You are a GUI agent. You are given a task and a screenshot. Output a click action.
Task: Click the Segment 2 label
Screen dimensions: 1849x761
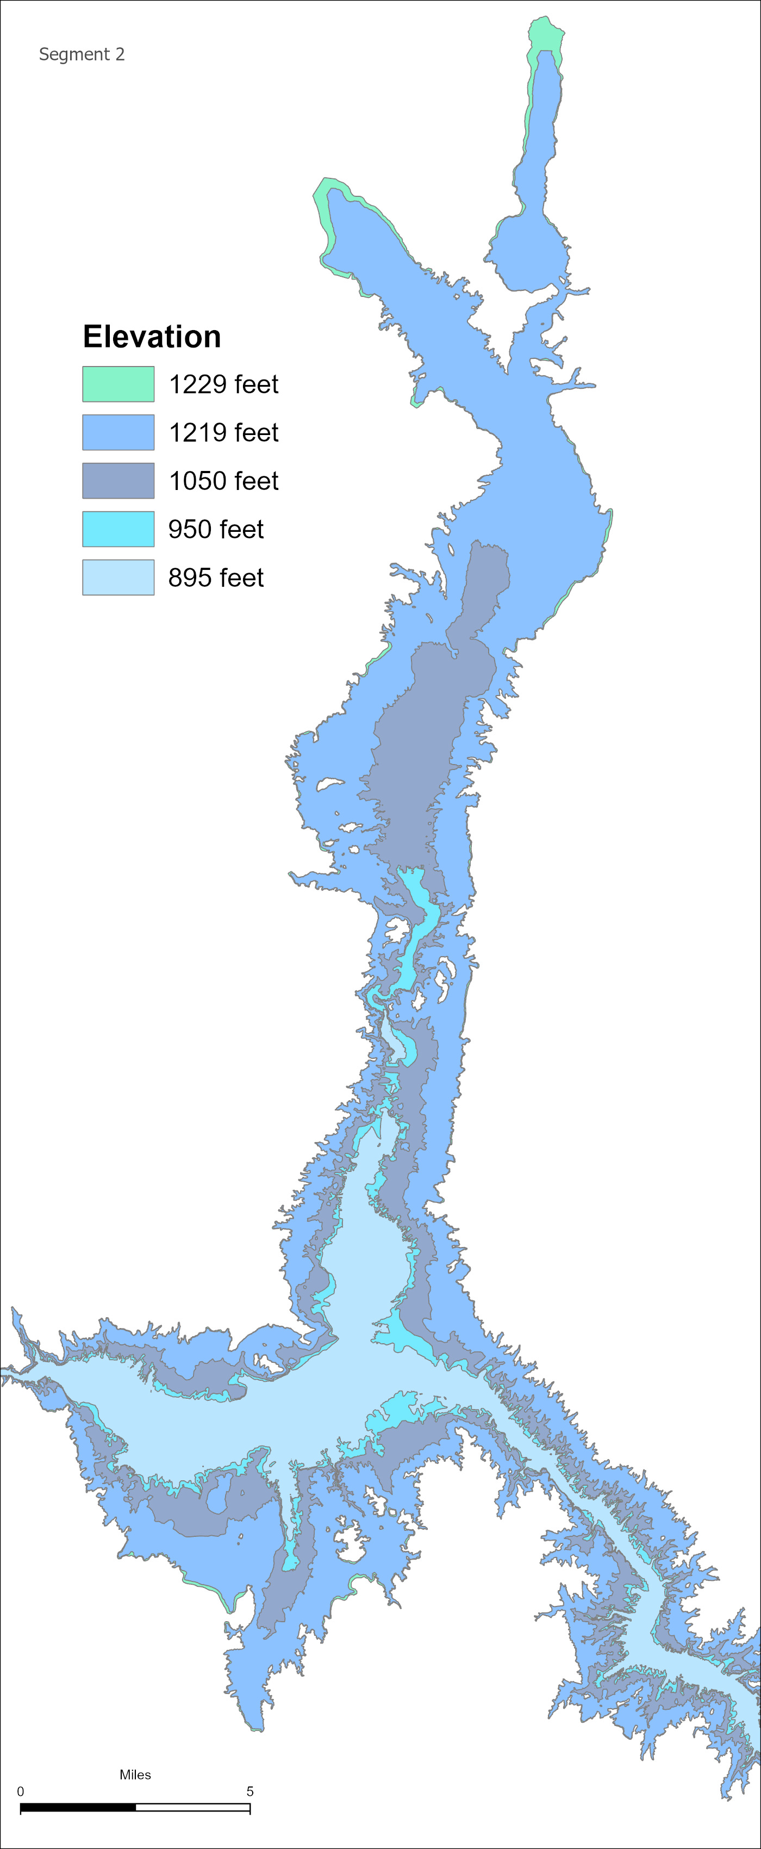point(81,54)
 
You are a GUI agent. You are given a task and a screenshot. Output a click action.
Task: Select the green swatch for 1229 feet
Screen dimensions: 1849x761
point(117,384)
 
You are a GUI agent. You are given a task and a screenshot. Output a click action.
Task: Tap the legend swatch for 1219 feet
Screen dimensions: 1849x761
point(117,432)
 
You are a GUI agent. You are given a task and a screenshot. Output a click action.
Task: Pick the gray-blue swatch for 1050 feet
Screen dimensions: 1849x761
point(117,480)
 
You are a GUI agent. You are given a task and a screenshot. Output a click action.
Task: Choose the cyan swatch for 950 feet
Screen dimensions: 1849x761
point(117,529)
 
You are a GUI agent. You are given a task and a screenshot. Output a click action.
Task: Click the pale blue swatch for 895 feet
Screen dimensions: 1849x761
point(117,577)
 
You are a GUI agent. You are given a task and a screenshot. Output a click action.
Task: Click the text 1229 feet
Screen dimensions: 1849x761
point(223,384)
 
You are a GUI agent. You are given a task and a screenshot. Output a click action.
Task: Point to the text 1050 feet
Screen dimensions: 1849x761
point(223,481)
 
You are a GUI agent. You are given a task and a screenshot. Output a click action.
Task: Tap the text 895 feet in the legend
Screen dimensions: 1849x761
point(216,578)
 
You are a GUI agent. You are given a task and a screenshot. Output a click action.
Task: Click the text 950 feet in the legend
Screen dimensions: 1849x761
point(216,530)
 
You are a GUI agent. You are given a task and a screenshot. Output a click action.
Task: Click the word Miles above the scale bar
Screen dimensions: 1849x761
point(135,1774)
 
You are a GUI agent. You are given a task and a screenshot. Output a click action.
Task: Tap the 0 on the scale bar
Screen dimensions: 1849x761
point(20,1791)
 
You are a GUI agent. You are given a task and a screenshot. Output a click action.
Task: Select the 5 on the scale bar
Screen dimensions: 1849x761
point(249,1791)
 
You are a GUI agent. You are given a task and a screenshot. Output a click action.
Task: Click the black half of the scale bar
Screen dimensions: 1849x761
point(78,1807)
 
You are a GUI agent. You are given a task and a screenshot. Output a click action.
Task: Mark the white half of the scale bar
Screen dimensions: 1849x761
point(192,1807)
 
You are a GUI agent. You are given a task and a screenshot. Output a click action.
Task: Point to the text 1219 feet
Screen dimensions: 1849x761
point(223,433)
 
